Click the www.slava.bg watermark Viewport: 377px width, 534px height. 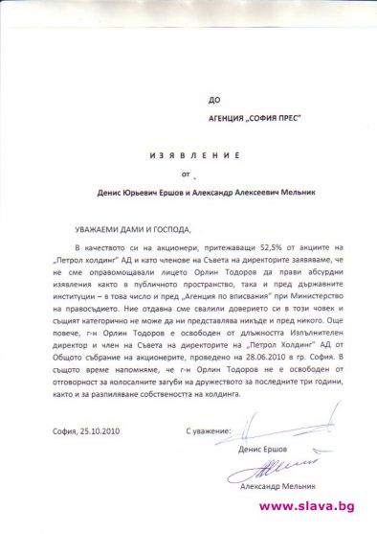point(315,505)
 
